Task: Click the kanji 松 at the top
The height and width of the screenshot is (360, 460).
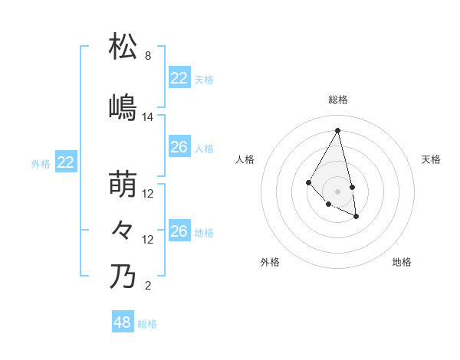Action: pyautogui.click(x=124, y=47)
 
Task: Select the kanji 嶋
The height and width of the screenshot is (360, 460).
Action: pyautogui.click(x=124, y=107)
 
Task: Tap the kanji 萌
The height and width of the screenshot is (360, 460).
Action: pyautogui.click(x=124, y=184)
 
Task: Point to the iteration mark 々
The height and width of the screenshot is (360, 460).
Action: pyautogui.click(x=123, y=230)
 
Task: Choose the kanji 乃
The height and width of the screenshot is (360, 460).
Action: pyautogui.click(x=124, y=276)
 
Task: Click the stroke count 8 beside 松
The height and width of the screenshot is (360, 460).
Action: pyautogui.click(x=147, y=57)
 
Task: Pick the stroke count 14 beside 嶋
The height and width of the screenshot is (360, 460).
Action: pyautogui.click(x=148, y=117)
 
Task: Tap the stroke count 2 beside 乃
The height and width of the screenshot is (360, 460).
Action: pyautogui.click(x=147, y=286)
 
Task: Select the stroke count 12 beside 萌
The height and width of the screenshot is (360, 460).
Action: pyautogui.click(x=148, y=194)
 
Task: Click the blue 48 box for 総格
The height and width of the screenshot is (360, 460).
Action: pyautogui.click(x=122, y=322)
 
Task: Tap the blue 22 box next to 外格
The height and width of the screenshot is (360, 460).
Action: pyautogui.click(x=66, y=162)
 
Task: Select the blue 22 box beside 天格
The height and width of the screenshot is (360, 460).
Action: pyautogui.click(x=179, y=78)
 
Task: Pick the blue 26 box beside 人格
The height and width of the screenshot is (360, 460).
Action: pyautogui.click(x=179, y=147)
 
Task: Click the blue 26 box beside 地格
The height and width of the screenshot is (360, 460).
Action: pyautogui.click(x=179, y=231)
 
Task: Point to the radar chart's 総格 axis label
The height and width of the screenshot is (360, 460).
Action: pyautogui.click(x=338, y=100)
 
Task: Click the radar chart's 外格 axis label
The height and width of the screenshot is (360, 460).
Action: pyautogui.click(x=270, y=262)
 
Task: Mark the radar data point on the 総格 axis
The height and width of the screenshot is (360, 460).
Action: pyautogui.click(x=338, y=130)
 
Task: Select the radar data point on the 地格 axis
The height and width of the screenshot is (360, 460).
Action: pyautogui.click(x=356, y=217)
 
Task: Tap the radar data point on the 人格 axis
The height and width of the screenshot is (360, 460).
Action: pyautogui.click(x=308, y=182)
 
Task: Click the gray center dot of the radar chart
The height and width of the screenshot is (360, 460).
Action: pyautogui.click(x=338, y=191)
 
